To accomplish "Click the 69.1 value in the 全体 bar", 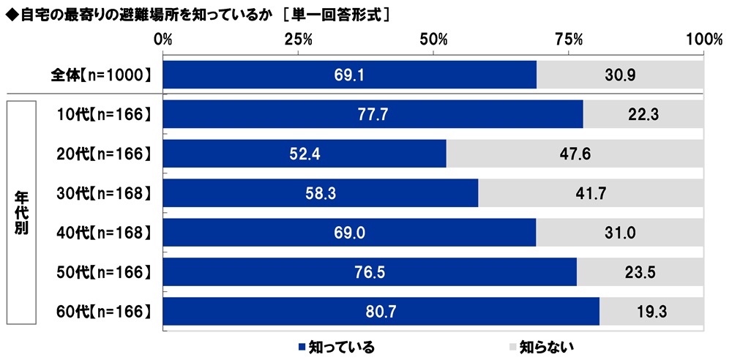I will click(x=350, y=75).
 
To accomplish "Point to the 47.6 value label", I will click(x=575, y=154).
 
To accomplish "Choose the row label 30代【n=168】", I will click(x=104, y=193).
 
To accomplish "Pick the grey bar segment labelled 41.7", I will click(x=591, y=193).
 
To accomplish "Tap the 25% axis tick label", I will click(x=299, y=38).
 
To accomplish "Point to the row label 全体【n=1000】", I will click(x=100, y=75).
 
